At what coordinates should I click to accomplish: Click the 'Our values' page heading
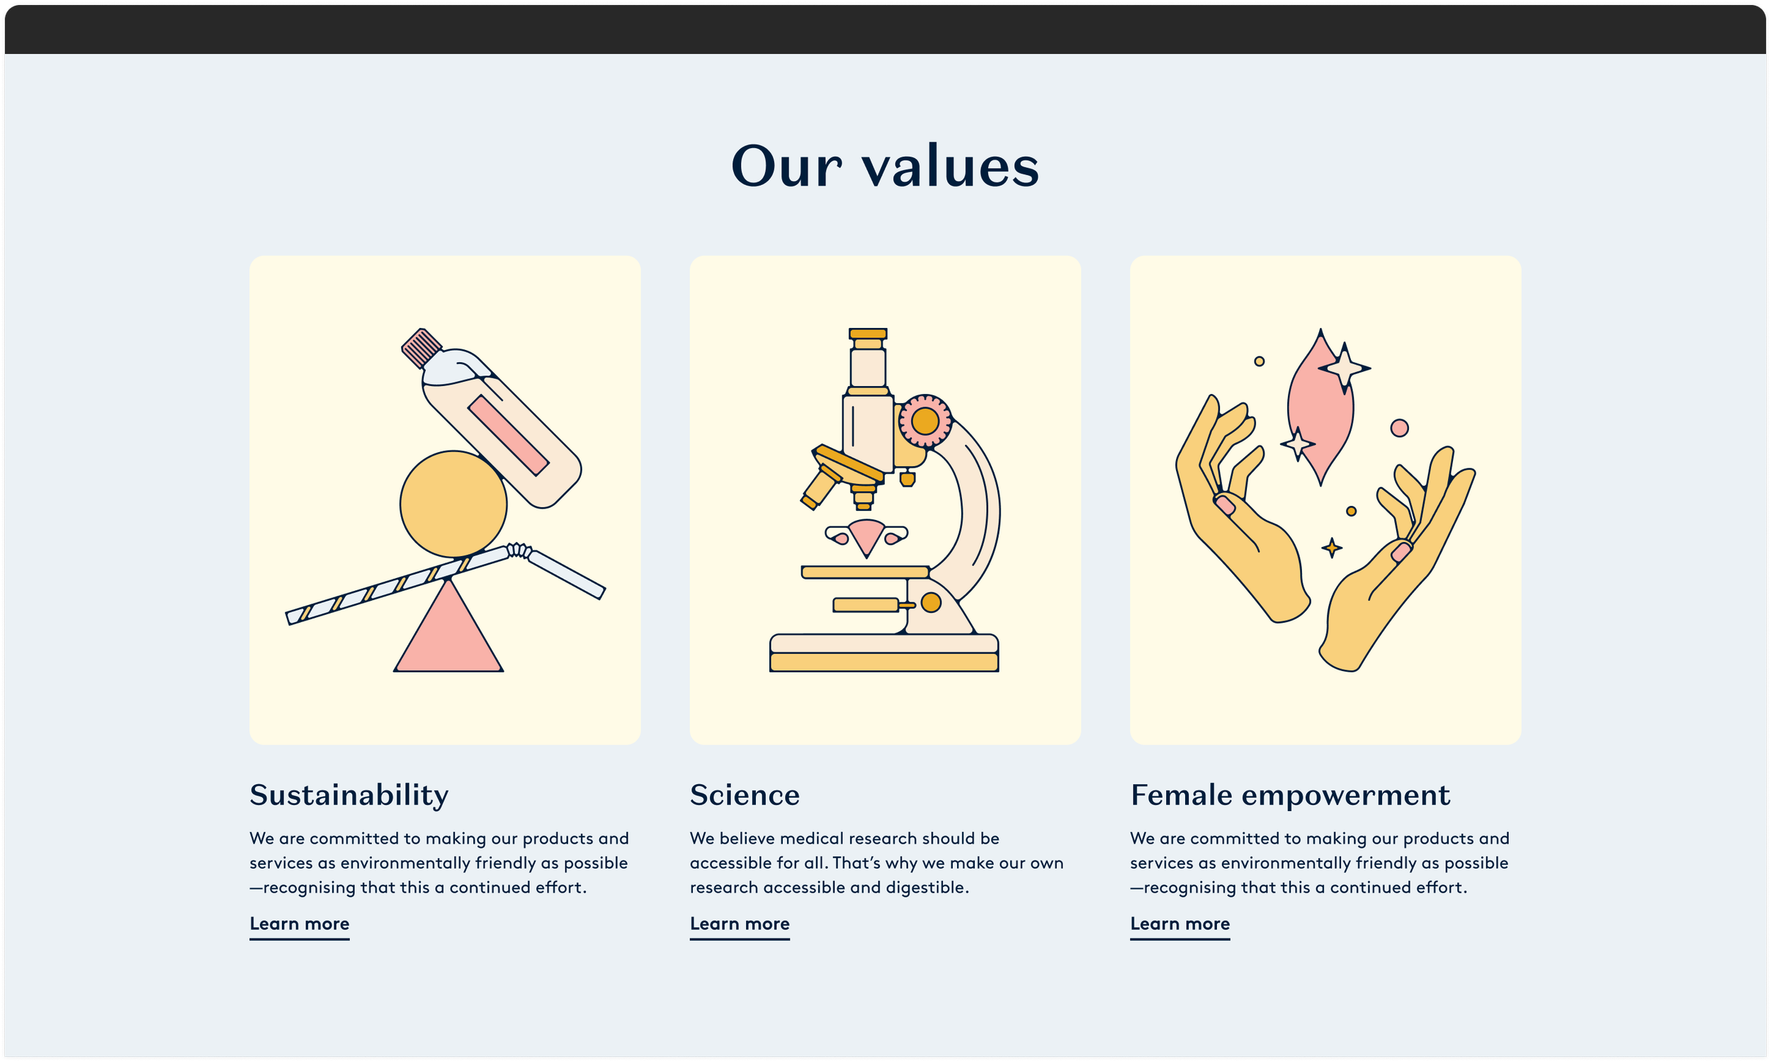(x=885, y=166)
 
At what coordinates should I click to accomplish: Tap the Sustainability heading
(x=349, y=795)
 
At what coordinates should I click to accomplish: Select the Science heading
(x=745, y=795)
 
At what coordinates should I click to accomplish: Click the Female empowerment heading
(x=1290, y=795)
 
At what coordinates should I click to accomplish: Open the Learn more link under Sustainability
(x=299, y=924)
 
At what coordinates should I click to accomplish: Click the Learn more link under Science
(x=739, y=924)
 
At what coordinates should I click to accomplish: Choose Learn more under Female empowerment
(x=1180, y=924)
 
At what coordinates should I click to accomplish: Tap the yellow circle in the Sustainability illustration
(x=452, y=504)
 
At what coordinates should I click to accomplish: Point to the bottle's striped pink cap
(x=421, y=347)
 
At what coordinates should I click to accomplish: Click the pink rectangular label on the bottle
(x=507, y=435)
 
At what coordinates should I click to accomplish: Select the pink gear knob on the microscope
(x=924, y=421)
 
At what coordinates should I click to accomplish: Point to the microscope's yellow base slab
(x=883, y=662)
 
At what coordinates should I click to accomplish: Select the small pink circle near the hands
(x=1400, y=428)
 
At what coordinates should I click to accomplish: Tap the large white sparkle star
(x=1345, y=368)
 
